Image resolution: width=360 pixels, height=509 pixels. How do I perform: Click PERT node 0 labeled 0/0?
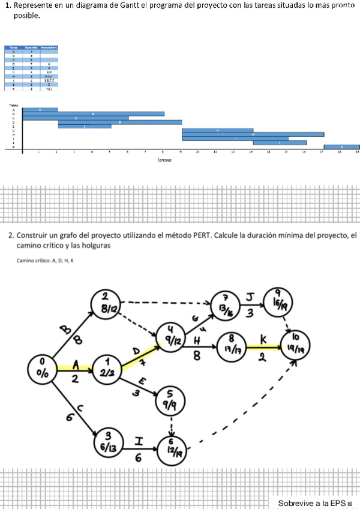(42, 367)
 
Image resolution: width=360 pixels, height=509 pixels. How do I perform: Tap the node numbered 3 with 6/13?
(109, 442)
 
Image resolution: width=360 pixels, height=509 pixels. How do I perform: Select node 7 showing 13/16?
(226, 304)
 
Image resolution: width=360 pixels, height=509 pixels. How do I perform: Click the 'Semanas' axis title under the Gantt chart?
(164, 160)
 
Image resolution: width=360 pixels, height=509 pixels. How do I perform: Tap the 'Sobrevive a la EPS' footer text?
(313, 502)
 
